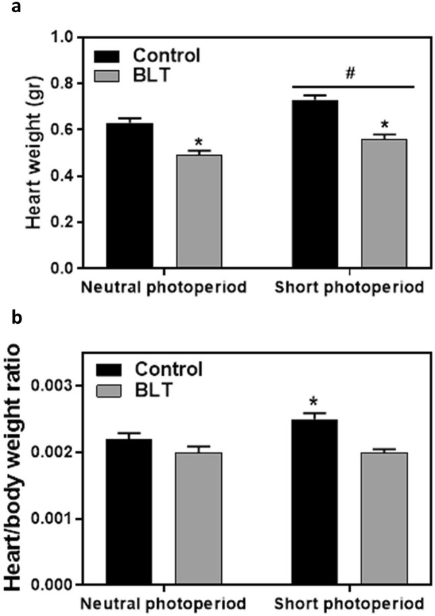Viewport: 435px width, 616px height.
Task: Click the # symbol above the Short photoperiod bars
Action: (351, 73)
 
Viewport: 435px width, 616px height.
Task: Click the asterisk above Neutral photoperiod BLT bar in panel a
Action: (198, 142)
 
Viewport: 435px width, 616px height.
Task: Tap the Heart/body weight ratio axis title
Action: (14, 466)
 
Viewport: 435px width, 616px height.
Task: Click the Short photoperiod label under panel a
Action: (349, 288)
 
